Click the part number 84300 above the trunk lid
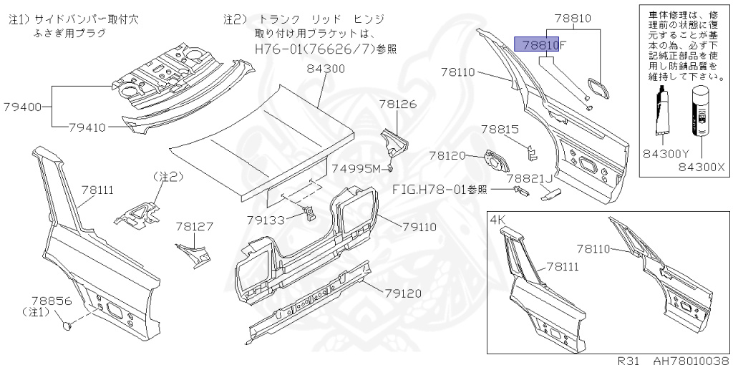(x=326, y=69)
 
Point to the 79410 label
(x=87, y=128)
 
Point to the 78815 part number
(x=500, y=130)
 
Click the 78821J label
(x=530, y=177)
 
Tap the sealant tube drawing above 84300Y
(x=663, y=111)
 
